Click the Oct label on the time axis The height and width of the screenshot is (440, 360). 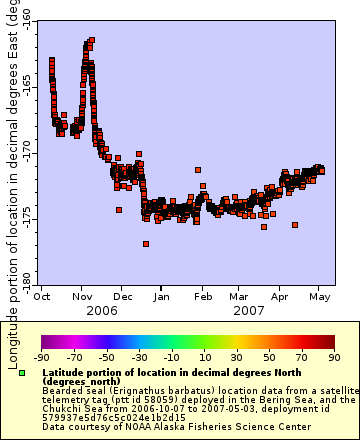coord(44,297)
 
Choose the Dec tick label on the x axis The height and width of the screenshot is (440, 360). coord(122,297)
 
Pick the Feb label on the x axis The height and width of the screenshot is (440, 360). coord(202,297)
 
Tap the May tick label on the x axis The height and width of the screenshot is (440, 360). coord(320,297)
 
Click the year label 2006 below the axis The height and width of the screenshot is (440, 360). coord(102,311)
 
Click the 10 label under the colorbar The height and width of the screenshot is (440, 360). coord(204,357)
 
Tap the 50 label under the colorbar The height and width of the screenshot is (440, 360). coord(269,357)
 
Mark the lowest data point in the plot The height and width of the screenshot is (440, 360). coord(146,243)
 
